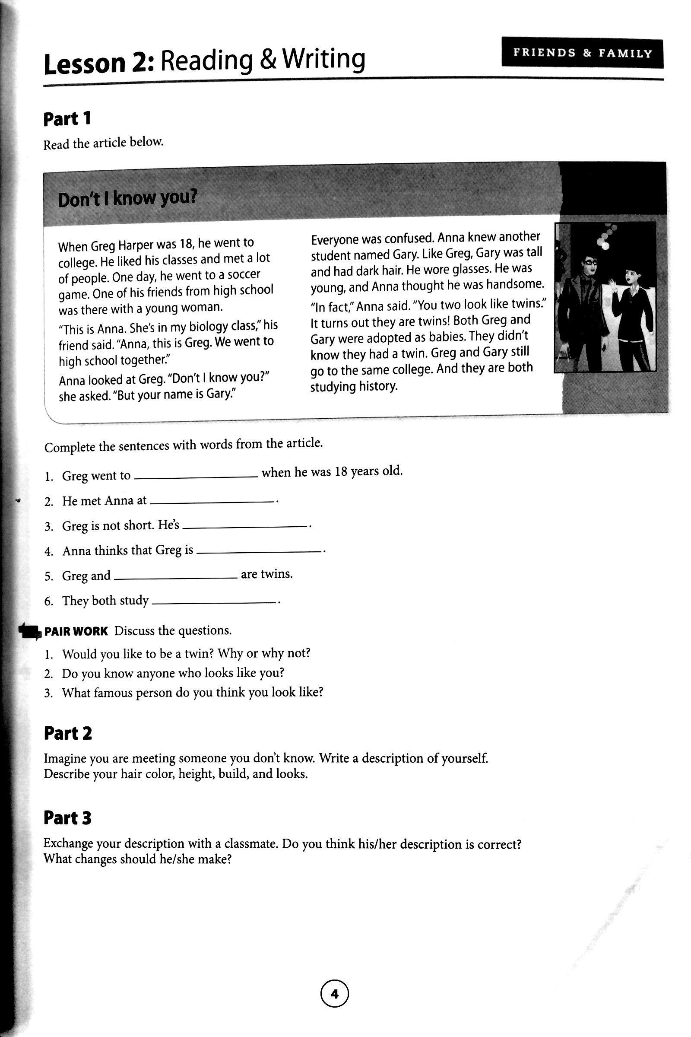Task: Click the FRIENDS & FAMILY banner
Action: (582, 53)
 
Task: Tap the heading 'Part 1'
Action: (67, 119)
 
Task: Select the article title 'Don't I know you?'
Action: (127, 200)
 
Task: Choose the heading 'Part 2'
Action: (68, 734)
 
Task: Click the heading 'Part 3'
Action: (67, 818)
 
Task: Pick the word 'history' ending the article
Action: (376, 387)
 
